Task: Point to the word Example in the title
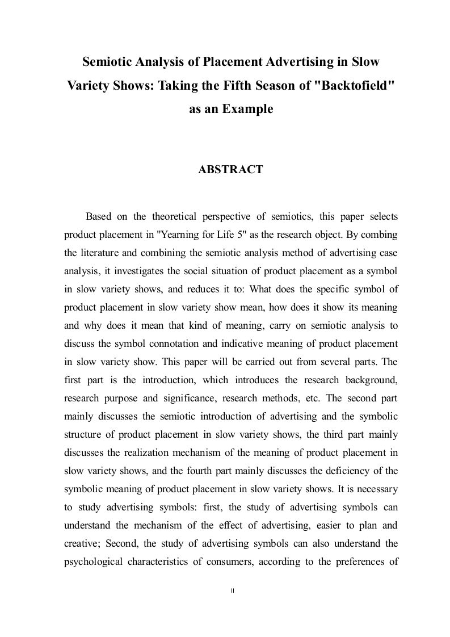click(x=245, y=108)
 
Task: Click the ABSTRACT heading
click(x=230, y=169)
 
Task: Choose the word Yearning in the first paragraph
click(x=188, y=234)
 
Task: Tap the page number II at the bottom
click(x=233, y=591)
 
